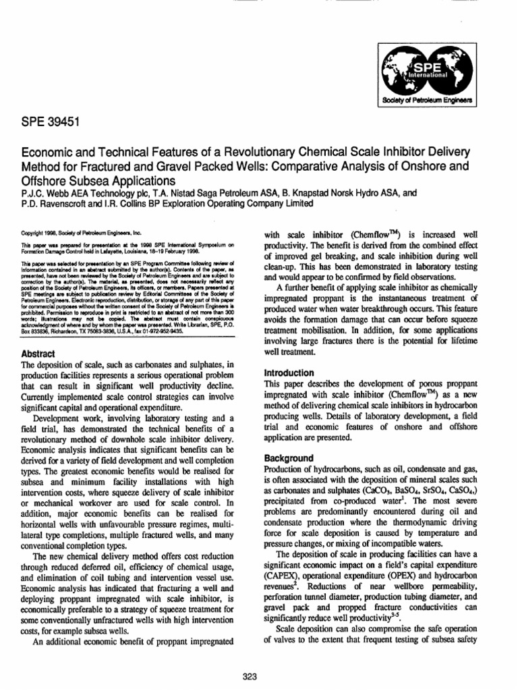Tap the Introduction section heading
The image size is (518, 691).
(289, 372)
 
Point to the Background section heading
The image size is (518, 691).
(288, 458)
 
